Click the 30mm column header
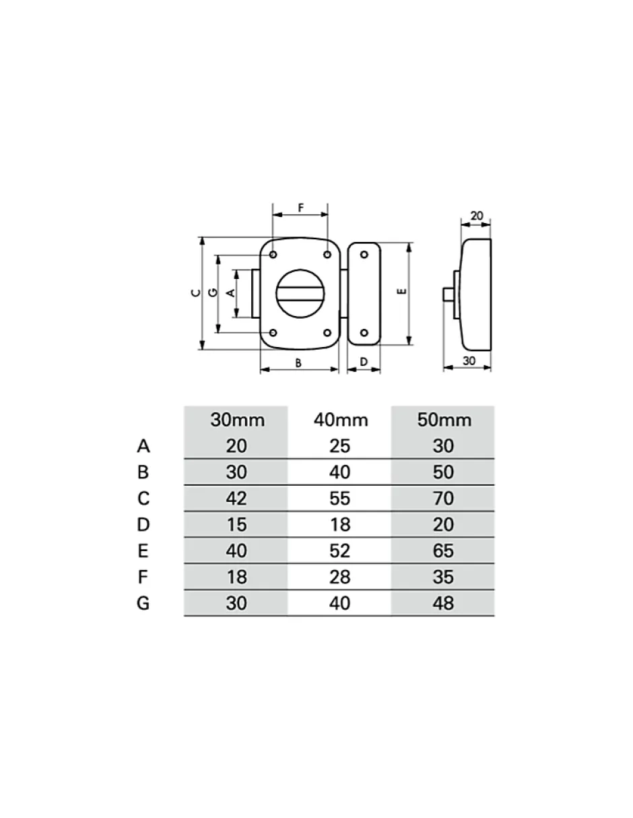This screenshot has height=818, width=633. point(237,420)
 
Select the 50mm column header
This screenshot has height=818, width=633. point(444,420)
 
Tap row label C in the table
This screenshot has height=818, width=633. point(143,498)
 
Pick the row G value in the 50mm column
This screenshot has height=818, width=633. point(444,603)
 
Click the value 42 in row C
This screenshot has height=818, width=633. point(236,498)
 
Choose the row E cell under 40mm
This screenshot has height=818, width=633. point(340,550)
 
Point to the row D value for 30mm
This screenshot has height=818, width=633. point(236,524)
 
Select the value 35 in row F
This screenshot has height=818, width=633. point(444,577)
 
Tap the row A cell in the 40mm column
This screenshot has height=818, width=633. point(340,445)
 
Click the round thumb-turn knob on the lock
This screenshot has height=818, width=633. point(300,294)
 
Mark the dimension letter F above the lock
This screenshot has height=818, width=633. point(300,208)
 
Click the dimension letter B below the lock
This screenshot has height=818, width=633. point(298,363)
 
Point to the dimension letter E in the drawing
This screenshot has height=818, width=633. point(402,291)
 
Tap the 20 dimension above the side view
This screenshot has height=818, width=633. point(477,216)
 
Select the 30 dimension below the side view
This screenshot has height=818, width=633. point(469,360)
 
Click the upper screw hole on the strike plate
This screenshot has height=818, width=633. point(364,255)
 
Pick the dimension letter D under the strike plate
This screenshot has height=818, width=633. point(364,362)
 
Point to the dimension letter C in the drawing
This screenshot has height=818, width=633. point(195,292)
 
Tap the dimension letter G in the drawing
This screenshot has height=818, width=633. point(213,292)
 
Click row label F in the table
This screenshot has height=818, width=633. point(143,577)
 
